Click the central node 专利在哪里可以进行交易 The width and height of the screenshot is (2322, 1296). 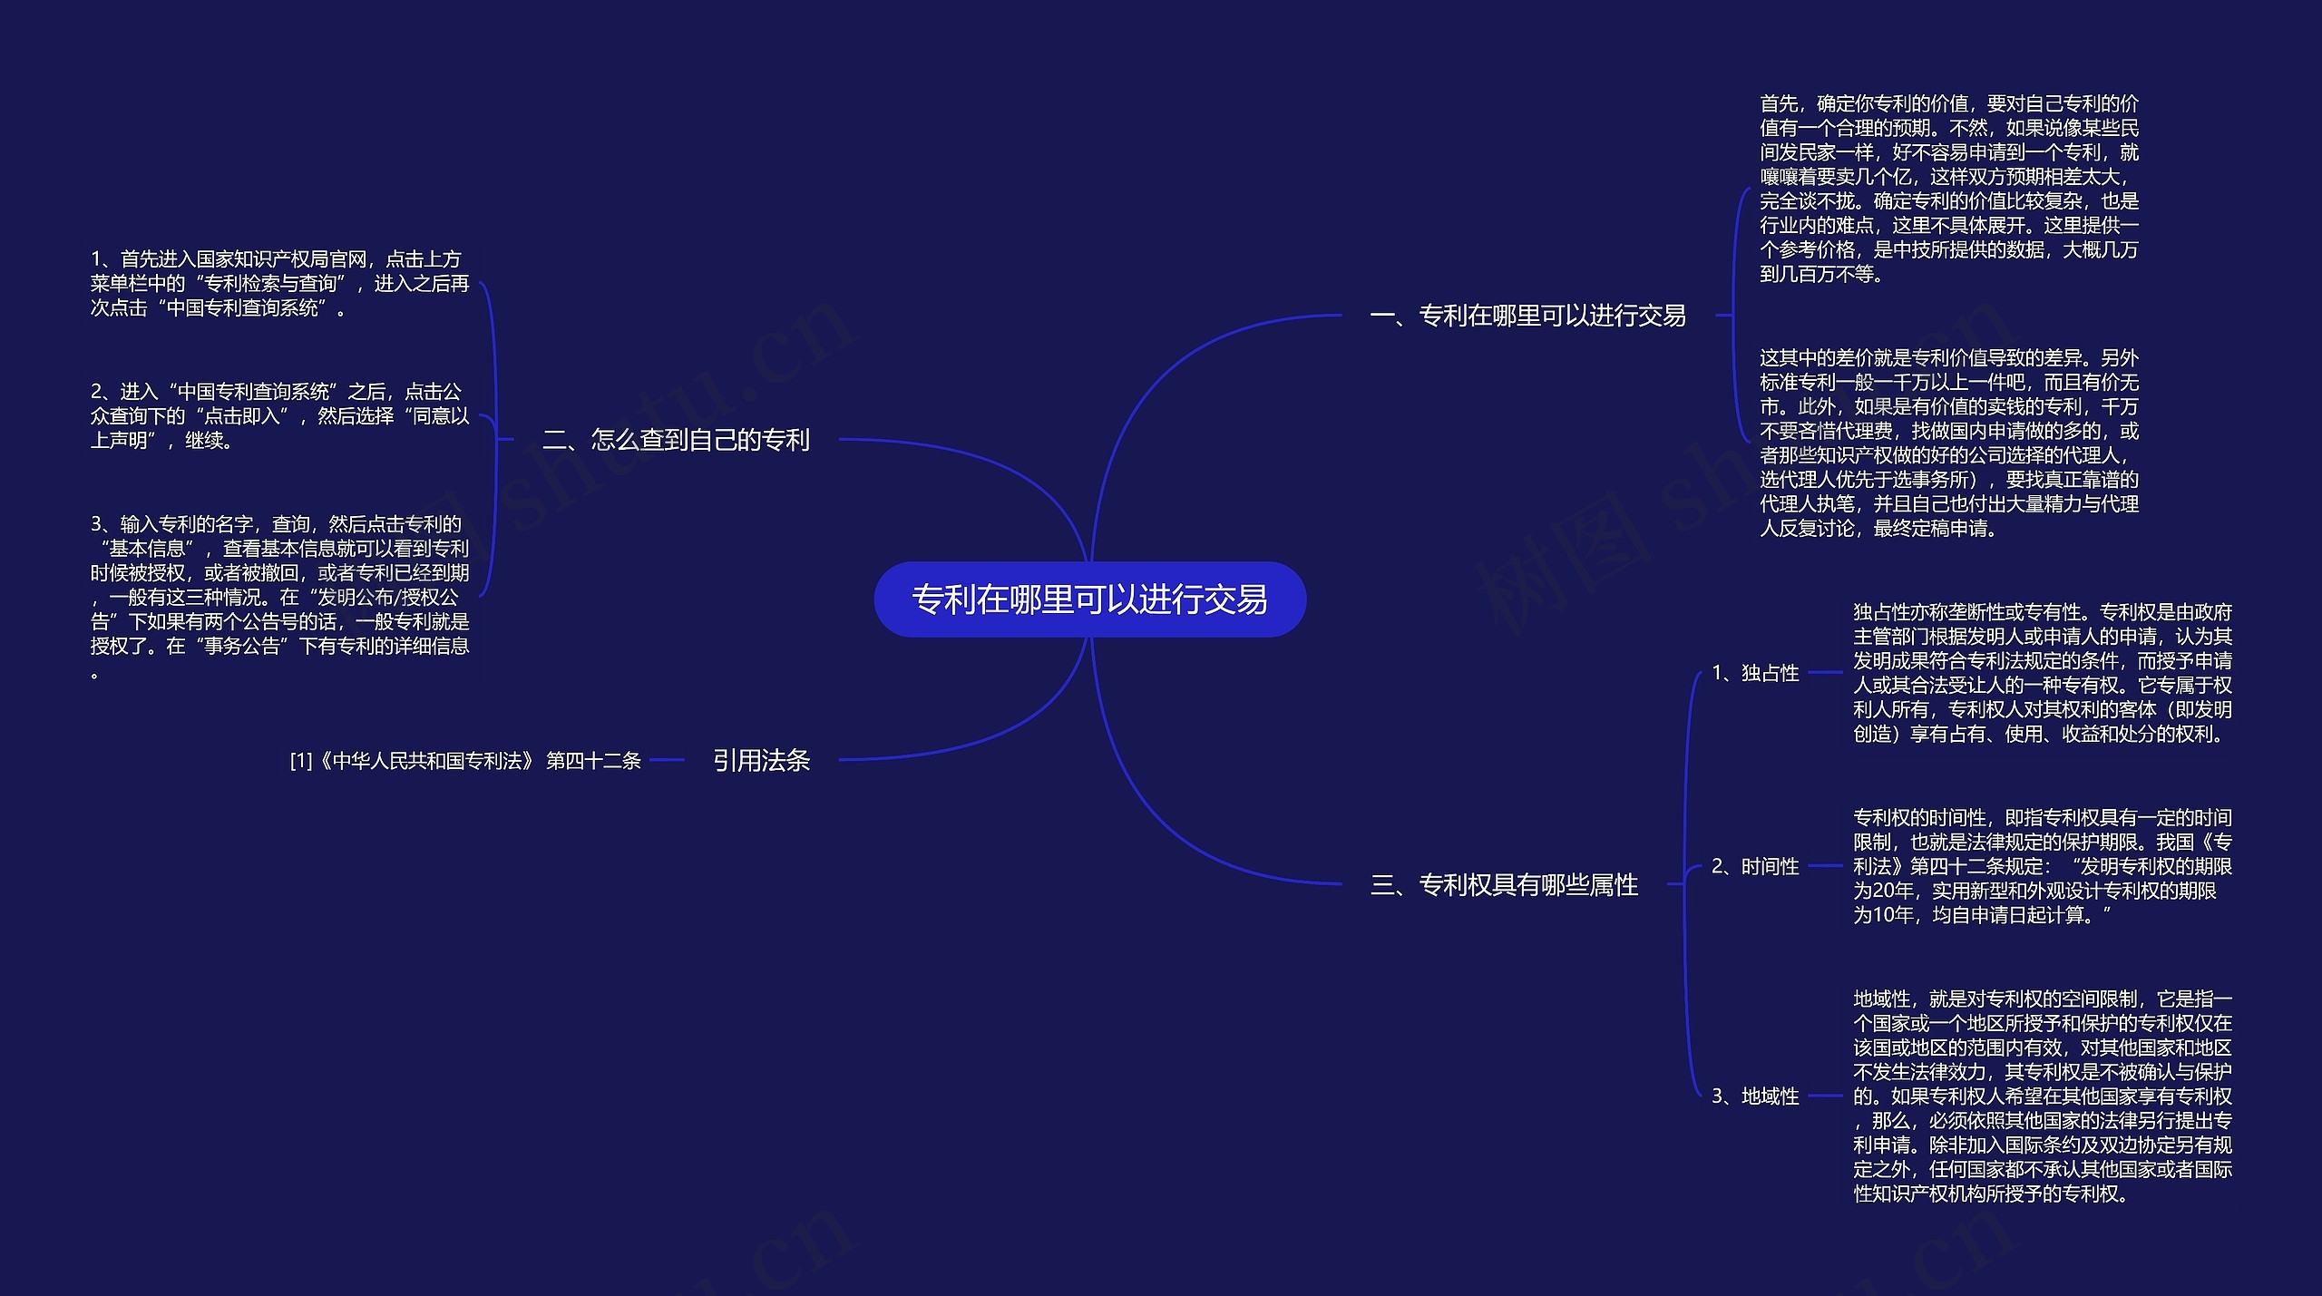[x=1089, y=599]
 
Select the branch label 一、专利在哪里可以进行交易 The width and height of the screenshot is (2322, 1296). [x=1527, y=316]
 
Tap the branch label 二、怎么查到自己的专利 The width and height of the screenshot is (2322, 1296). [x=676, y=440]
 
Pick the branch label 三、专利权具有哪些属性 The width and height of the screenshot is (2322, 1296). [x=1504, y=884]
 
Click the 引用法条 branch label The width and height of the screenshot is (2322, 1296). [x=760, y=760]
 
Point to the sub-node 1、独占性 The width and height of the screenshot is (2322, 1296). [x=1754, y=673]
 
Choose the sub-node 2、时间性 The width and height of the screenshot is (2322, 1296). [x=1754, y=866]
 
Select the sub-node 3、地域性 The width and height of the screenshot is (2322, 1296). [x=1754, y=1096]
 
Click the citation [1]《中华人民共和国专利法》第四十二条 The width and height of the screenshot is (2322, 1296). [x=465, y=761]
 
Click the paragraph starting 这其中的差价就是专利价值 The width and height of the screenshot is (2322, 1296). [x=1948, y=443]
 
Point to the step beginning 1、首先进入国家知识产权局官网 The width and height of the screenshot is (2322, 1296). [x=279, y=284]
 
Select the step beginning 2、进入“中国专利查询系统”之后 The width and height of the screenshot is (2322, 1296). [x=279, y=416]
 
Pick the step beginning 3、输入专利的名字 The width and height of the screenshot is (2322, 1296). [x=279, y=597]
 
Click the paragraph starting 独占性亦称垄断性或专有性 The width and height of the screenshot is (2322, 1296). [x=2042, y=673]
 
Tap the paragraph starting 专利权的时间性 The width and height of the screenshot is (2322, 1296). [x=2042, y=866]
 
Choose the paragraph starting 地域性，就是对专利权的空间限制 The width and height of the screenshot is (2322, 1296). [x=2042, y=1096]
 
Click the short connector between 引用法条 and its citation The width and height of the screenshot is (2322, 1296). [x=667, y=760]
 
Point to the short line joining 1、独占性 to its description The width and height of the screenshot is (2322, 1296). [x=1825, y=673]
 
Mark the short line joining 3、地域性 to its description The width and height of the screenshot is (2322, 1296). [x=1825, y=1096]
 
